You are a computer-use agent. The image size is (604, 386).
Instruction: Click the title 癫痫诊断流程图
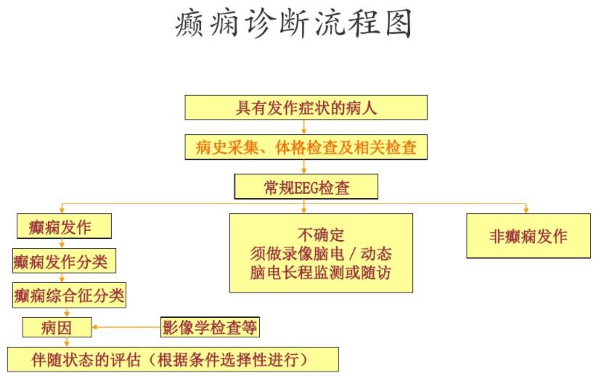[x=293, y=24]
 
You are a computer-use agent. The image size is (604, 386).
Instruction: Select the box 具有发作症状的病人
[x=306, y=108]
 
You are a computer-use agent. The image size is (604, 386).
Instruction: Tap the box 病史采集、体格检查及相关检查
[x=306, y=148]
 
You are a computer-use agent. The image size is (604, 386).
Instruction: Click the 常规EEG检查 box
[x=306, y=188]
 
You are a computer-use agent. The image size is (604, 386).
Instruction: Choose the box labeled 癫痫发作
[x=63, y=226]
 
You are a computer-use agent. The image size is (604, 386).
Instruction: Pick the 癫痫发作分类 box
[x=64, y=260]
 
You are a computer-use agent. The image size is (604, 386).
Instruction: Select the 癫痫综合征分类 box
[x=69, y=295]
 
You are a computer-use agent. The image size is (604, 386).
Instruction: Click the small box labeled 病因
[x=57, y=328]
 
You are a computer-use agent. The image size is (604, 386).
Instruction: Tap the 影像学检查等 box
[x=209, y=328]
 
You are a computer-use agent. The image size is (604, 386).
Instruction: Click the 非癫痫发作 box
[x=528, y=237]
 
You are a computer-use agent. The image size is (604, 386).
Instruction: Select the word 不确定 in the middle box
[x=320, y=234]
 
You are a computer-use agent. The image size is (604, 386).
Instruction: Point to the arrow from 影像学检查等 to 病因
[x=126, y=328]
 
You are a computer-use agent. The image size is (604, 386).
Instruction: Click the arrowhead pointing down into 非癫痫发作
[x=526, y=210]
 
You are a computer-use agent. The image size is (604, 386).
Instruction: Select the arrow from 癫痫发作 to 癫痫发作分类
[x=62, y=244]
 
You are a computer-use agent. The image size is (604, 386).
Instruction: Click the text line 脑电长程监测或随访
[x=320, y=274]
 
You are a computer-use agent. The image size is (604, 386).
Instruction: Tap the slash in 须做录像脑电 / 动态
[x=356, y=255]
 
